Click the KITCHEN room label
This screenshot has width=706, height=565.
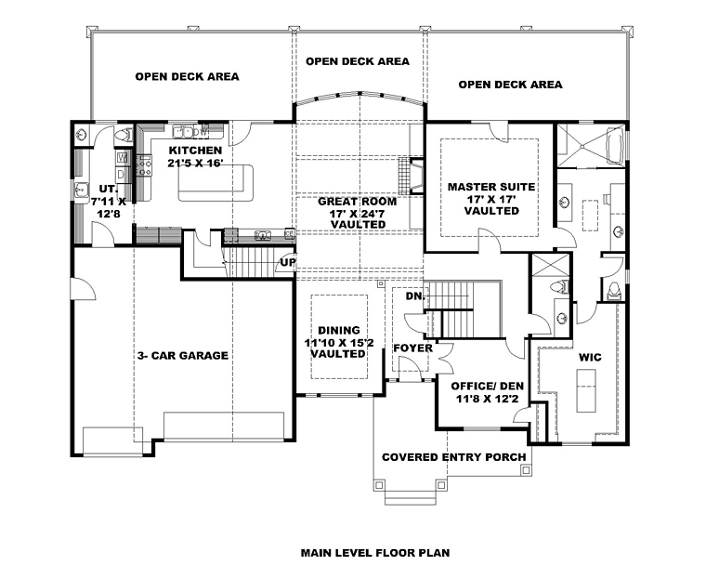(195, 150)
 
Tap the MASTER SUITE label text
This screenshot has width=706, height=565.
(491, 187)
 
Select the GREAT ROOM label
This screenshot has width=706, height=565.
(358, 201)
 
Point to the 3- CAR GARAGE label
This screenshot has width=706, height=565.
(183, 356)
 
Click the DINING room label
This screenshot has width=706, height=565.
(339, 330)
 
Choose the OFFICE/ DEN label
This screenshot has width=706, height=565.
(488, 387)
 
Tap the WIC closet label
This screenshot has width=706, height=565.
(590, 357)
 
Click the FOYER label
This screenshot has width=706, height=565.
(412, 348)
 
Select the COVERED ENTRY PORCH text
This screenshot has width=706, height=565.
(454, 457)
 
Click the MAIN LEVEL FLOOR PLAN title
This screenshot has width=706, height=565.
(375, 552)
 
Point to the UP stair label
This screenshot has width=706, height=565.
(289, 262)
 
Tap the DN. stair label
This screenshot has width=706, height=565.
(415, 296)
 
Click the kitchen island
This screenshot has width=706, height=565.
(216, 183)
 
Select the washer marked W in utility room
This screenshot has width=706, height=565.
(123, 158)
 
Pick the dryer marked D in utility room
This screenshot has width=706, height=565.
(123, 174)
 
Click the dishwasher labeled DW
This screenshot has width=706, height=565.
(203, 132)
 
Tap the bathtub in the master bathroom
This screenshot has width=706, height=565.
(614, 145)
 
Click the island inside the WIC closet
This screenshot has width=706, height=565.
(586, 390)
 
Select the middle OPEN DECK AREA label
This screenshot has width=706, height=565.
(358, 60)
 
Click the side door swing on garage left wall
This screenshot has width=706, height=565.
(84, 287)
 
